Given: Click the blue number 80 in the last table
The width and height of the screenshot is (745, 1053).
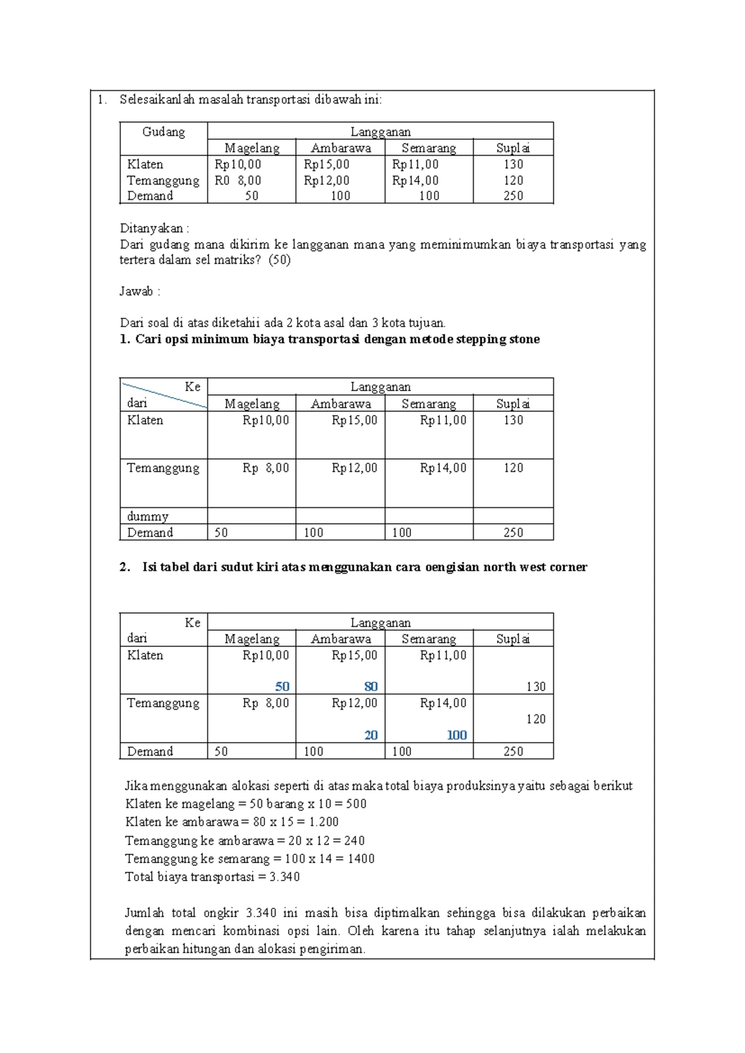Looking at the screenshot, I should tap(371, 687).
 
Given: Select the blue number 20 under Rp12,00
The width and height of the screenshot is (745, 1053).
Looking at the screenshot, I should tap(371, 735).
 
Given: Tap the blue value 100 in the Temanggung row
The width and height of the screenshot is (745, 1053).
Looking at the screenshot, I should tap(456, 735).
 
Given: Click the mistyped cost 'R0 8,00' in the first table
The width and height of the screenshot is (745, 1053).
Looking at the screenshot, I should tap(238, 181).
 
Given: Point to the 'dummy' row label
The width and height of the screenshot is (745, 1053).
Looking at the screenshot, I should tap(148, 517).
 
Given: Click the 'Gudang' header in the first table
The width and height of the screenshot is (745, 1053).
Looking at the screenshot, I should tap(163, 132).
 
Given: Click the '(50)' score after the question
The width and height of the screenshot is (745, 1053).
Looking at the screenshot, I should tap(279, 260).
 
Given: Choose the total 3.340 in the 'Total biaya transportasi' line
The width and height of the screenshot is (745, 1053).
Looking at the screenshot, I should tap(284, 877).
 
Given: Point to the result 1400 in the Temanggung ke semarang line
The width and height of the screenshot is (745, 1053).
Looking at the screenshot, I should tap(361, 859).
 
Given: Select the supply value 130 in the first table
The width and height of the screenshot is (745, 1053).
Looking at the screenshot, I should tap(513, 165).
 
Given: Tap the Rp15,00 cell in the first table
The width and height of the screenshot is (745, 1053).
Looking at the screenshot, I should tap(327, 165).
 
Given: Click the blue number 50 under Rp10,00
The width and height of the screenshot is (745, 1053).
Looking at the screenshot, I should tap(282, 687).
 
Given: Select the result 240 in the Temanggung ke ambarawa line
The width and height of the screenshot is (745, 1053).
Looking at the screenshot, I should tap(354, 841).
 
